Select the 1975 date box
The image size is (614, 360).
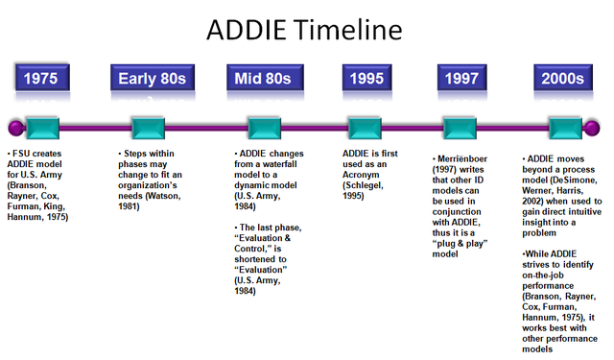pyautogui.click(x=46, y=78)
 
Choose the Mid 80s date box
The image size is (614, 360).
pyautogui.click(x=263, y=78)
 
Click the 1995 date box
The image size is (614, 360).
pyautogui.click(x=366, y=78)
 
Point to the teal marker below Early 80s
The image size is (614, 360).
pyautogui.click(x=149, y=127)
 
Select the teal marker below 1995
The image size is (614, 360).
pyautogui.click(x=365, y=127)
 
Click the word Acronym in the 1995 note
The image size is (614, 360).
pyautogui.click(x=367, y=173)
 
